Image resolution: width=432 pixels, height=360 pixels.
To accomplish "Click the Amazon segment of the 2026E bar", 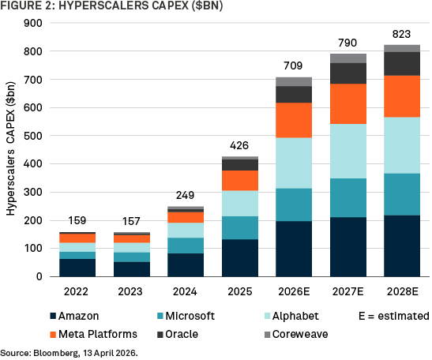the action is coord(294,249).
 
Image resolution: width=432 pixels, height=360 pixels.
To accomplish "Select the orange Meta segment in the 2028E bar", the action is coord(402,96).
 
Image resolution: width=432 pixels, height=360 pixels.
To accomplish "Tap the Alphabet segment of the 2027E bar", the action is coord(348,152).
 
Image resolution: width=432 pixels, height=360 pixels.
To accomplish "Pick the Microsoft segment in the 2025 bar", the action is coord(240,228).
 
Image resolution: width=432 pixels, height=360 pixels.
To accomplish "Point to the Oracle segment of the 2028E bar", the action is coord(402,64).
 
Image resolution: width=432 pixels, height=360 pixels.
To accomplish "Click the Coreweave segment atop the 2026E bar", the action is coord(294,82).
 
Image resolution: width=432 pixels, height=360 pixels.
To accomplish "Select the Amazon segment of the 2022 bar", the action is coord(77,268).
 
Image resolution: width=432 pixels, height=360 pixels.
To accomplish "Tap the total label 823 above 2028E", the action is coord(402,34).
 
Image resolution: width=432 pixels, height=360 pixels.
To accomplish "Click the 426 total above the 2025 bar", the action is coord(239,145).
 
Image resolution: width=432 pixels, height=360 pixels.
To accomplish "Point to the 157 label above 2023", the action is coord(131,221).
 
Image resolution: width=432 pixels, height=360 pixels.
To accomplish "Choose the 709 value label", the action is coord(293,66).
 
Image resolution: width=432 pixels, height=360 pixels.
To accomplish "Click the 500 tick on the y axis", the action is coord(33,136).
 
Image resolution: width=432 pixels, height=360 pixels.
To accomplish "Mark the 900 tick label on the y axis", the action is coord(33,23).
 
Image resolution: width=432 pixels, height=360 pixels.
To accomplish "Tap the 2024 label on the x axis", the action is coord(185,291).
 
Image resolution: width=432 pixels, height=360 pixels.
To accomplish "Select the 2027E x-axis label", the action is coord(348,291).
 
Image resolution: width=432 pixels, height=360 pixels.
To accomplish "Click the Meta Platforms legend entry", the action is coord(94,335).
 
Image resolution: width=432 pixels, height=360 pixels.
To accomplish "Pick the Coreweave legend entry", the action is coord(296,335).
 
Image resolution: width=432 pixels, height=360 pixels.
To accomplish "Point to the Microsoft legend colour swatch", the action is coord(160,316).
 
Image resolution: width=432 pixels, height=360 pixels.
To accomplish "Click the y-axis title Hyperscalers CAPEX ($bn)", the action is coord(11,148).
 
